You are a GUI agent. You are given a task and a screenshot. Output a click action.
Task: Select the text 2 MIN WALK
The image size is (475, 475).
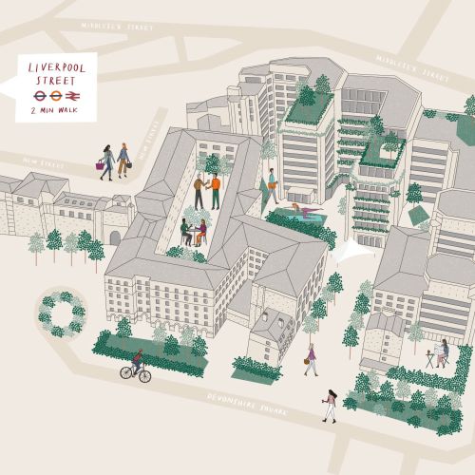(x=56, y=111)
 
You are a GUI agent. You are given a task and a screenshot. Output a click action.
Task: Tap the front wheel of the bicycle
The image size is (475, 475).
(x=144, y=375)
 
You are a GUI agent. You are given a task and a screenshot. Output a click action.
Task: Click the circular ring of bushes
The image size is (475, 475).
(x=62, y=313)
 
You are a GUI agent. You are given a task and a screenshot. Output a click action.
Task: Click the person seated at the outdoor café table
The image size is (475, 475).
(x=442, y=352)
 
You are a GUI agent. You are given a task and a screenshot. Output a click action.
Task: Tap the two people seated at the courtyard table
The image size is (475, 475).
(x=194, y=232)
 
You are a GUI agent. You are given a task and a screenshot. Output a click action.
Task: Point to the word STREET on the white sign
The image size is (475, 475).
(x=56, y=83)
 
